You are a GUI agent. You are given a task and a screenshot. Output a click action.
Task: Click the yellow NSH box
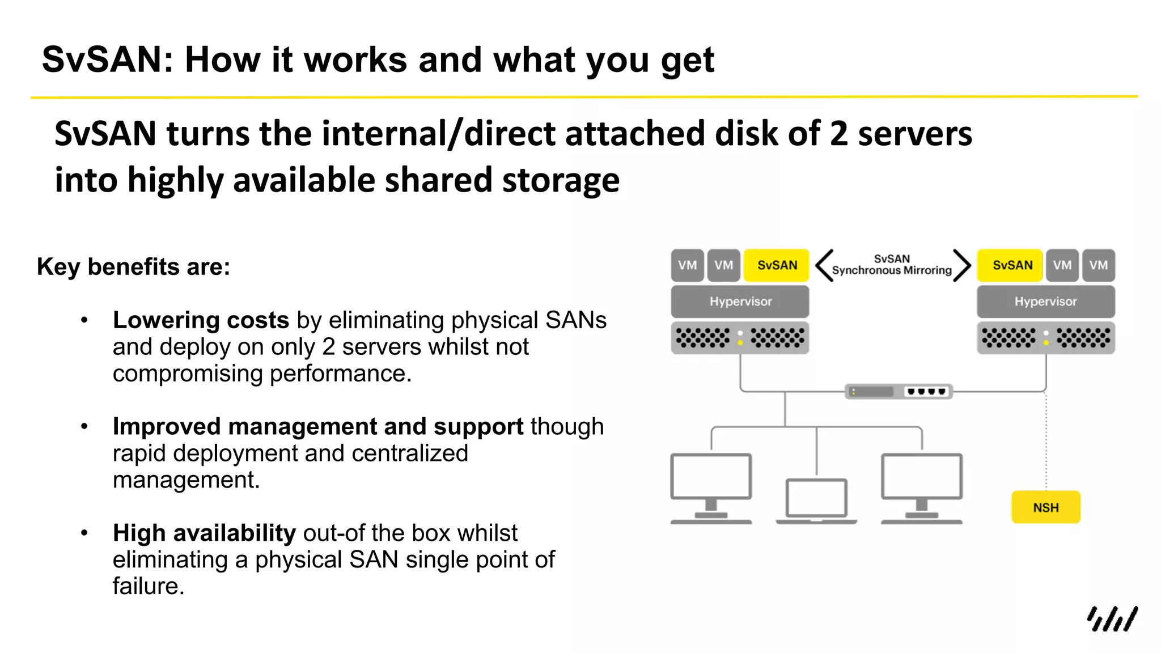coord(1045,507)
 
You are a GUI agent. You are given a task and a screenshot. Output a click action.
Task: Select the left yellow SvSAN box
coord(777,265)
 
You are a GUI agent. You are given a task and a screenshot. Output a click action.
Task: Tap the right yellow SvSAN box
coord(1012,265)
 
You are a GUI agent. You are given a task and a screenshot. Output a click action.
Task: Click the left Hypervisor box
coord(740,302)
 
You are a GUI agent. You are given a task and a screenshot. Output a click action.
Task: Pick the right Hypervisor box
coord(1045,302)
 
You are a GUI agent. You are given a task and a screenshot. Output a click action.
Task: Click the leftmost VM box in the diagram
coord(687,265)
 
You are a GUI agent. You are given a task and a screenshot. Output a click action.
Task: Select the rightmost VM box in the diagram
coord(1098,265)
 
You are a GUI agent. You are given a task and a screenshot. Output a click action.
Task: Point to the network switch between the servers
coord(899,391)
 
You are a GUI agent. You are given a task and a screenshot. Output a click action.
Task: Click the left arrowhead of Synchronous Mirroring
coord(824,265)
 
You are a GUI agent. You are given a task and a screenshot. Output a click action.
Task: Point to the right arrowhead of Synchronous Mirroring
coord(962,265)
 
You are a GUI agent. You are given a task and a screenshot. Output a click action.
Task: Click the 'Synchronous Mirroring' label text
coord(892,270)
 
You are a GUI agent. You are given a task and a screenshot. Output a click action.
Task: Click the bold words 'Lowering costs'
coord(201,320)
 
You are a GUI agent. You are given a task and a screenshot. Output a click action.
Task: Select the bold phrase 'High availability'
coord(204,533)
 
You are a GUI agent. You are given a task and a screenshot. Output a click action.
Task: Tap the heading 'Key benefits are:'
coord(133,267)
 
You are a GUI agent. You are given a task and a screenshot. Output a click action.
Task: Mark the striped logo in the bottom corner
coord(1112,619)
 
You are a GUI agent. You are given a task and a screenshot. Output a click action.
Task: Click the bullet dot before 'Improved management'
coord(84,426)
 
